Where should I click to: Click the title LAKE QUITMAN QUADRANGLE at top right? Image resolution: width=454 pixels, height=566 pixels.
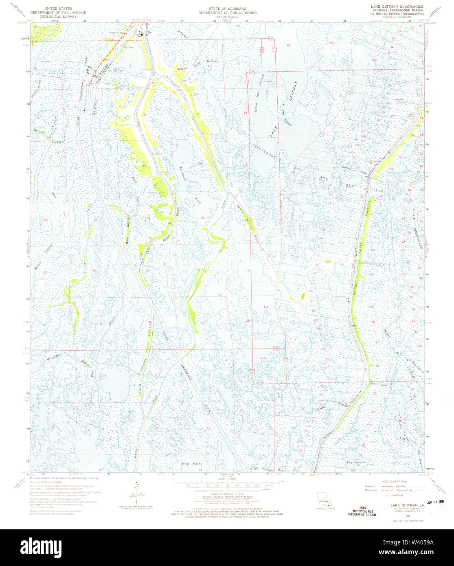[397, 7]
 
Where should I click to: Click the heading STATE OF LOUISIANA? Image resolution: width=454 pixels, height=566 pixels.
[227, 8]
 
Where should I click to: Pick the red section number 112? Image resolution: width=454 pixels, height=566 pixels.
[261, 207]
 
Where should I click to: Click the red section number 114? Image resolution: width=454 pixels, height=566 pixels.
[266, 306]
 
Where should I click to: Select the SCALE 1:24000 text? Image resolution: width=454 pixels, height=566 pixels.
[223, 478]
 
